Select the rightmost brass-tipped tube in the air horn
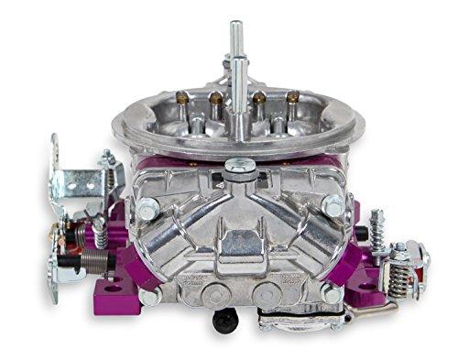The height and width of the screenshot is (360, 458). [x=292, y=97]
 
